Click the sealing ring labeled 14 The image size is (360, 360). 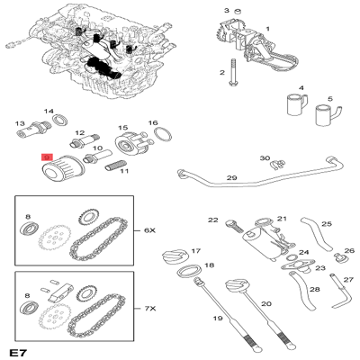(60, 120)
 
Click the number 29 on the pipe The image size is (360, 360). (231, 179)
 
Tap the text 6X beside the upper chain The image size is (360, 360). (150, 229)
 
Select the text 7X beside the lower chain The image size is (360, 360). (150, 308)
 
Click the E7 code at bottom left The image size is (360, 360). (17, 349)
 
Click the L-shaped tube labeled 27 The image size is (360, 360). (340, 289)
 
